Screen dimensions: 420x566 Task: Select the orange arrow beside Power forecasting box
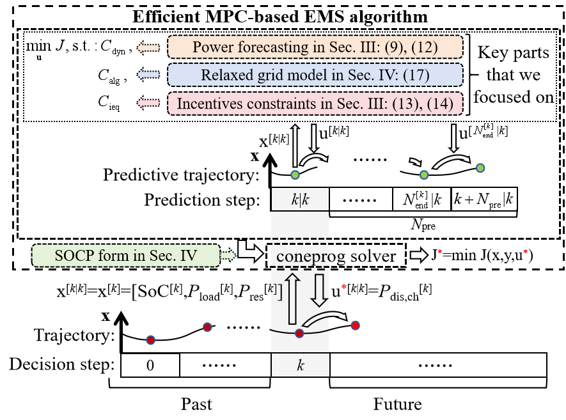[148, 47]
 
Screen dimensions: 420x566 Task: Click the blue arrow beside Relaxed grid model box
[148, 75]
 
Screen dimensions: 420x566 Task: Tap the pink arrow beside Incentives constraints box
[148, 103]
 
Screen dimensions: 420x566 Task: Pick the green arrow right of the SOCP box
[228, 256]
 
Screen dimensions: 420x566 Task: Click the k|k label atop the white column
[300, 199]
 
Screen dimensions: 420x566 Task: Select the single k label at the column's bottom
[300, 366]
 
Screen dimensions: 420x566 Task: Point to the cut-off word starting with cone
[303, 257]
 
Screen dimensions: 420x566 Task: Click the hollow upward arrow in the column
[292, 298]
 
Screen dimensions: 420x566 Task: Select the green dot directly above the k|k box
[295, 175]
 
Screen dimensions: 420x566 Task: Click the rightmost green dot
[480, 168]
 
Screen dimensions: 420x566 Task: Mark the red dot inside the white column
[299, 333]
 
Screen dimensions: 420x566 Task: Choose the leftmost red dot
[150, 340]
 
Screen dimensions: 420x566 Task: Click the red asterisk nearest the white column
[344, 286]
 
